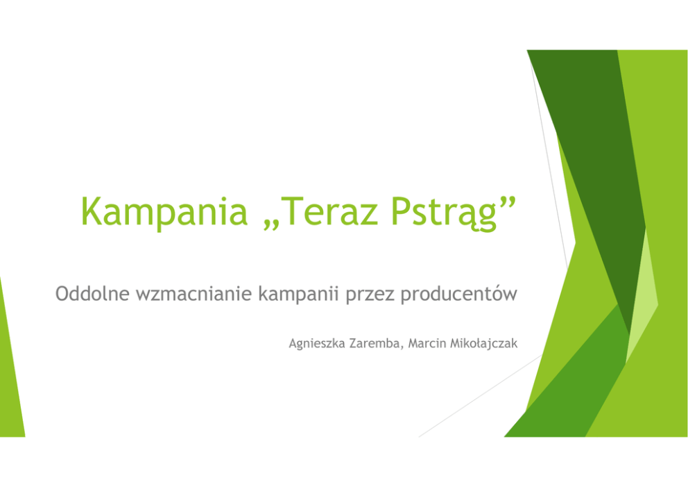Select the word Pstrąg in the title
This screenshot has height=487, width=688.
444,213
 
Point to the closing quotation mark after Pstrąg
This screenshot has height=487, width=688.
508,202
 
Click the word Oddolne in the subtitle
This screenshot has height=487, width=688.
92,294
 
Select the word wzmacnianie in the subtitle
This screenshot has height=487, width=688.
194,294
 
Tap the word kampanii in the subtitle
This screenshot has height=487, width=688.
298,295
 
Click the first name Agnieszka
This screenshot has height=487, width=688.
317,344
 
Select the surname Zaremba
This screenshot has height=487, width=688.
375,343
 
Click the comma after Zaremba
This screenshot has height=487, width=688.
402,348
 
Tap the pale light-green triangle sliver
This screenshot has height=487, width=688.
642,299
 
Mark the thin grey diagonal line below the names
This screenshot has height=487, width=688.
481,396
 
